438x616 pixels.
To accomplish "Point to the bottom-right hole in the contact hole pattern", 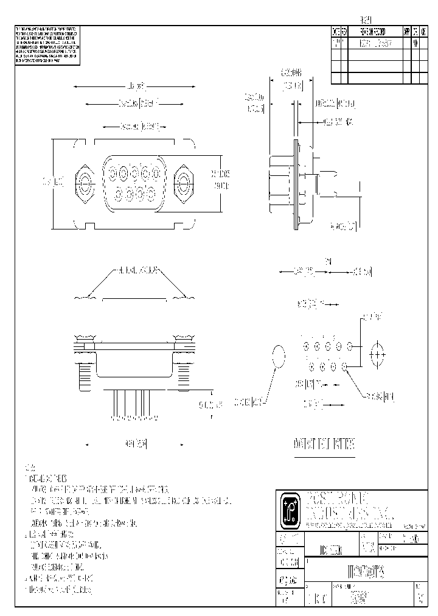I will pyautogui.click(x=345, y=366).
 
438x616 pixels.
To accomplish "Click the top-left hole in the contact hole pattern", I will pyautogui.click(x=305, y=346).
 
